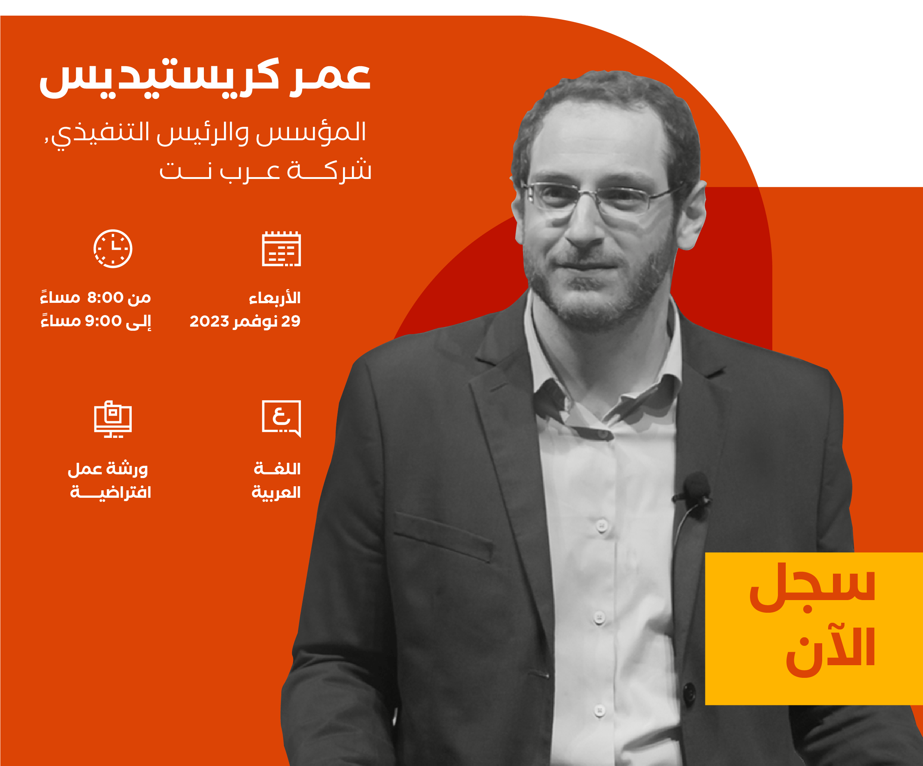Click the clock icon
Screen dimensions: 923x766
click(113, 249)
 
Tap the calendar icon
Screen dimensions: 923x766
click(281, 249)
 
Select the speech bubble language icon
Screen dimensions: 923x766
click(281, 419)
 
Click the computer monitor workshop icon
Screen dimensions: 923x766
click(113, 419)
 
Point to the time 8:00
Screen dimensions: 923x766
click(106, 298)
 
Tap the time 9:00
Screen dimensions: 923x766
click(103, 321)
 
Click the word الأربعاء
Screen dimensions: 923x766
click(275, 298)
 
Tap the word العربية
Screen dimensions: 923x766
click(276, 492)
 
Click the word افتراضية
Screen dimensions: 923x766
click(111, 492)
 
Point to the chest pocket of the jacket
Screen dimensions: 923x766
click(443, 536)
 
